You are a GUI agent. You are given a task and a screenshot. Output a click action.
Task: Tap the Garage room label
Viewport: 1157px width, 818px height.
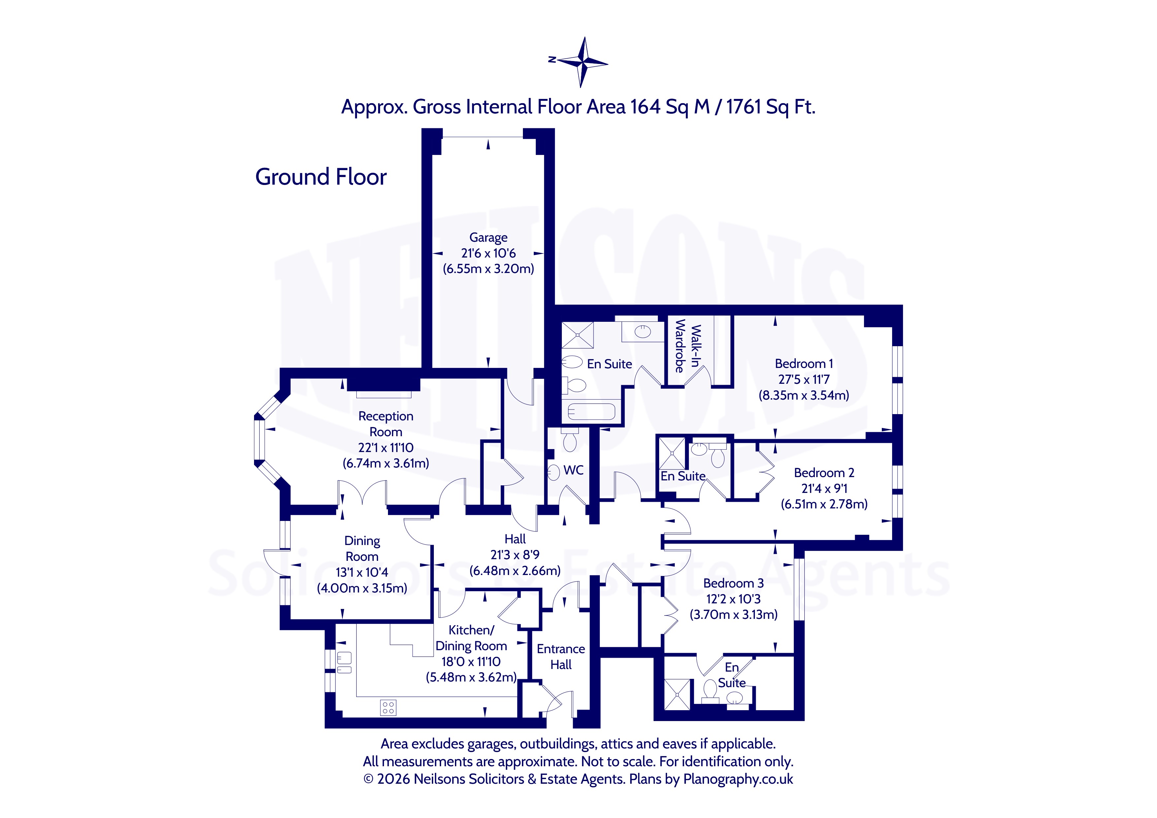(488, 237)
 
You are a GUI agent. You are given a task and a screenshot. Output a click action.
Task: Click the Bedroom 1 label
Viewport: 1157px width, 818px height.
(804, 364)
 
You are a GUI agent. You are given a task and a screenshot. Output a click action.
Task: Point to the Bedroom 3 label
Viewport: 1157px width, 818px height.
(733, 583)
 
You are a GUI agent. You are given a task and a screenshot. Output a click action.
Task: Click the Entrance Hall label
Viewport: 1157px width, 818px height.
(561, 657)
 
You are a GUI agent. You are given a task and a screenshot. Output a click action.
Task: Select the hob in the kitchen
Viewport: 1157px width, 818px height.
(388, 707)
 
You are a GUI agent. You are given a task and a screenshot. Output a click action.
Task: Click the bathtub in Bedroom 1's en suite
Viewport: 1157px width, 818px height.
(591, 411)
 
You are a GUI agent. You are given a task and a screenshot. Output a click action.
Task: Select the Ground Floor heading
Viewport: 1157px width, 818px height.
(321, 177)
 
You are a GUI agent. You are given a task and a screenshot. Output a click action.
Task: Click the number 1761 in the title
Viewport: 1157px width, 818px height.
(744, 107)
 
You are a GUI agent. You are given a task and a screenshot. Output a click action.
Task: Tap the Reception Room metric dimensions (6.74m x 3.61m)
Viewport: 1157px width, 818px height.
(386, 463)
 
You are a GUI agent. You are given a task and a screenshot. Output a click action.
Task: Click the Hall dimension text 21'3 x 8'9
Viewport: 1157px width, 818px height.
(515, 555)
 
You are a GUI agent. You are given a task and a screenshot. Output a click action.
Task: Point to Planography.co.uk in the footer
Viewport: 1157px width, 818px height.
(738, 779)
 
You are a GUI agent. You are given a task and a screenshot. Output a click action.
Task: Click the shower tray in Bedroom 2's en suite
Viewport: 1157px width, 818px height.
(672, 453)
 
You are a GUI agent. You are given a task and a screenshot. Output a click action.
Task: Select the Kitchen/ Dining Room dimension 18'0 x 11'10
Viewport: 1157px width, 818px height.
(471, 662)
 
